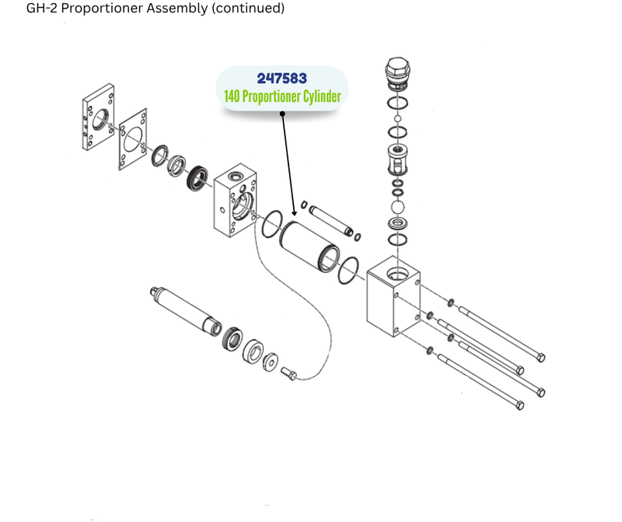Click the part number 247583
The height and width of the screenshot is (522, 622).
(281, 79)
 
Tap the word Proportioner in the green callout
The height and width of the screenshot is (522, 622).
(272, 97)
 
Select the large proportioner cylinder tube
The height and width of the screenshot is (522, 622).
(310, 246)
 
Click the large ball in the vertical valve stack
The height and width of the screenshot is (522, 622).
(398, 207)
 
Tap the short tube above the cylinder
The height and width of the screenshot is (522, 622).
(331, 220)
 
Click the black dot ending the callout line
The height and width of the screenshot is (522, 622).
(282, 114)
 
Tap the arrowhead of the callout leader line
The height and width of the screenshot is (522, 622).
(295, 213)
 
